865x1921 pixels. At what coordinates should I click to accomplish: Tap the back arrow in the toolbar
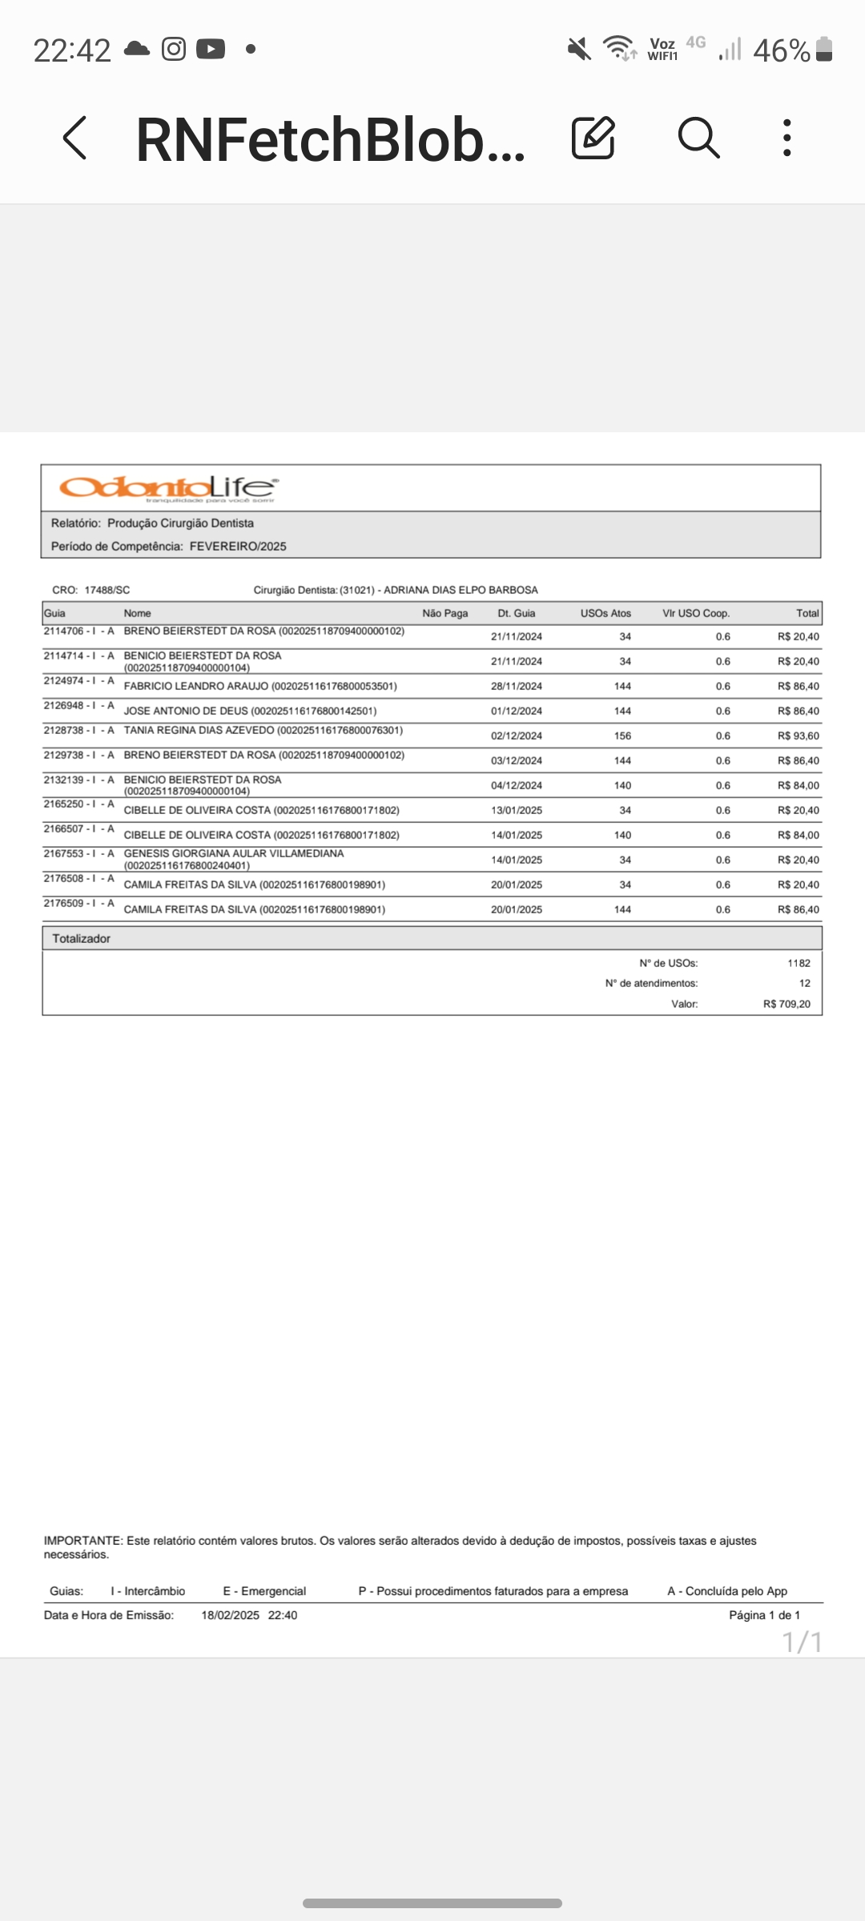click(x=74, y=138)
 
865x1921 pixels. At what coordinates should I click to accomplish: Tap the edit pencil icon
click(x=593, y=138)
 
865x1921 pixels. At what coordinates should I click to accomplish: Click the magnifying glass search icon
click(x=698, y=138)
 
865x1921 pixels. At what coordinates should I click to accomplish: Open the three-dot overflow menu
click(x=787, y=138)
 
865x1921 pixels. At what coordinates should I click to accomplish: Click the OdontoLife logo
click(x=168, y=487)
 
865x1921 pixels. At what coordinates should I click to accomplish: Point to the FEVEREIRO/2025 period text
click(x=238, y=547)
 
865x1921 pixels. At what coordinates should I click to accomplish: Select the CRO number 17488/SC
click(x=107, y=590)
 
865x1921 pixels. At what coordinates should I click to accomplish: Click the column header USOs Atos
click(x=605, y=613)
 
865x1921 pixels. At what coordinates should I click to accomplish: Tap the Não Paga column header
click(x=445, y=613)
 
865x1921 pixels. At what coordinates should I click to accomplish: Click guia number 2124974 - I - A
click(x=78, y=681)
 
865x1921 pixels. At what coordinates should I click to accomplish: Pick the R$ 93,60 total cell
click(x=798, y=736)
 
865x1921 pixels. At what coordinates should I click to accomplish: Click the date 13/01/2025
click(x=517, y=810)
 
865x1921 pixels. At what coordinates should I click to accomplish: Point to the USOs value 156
click(x=622, y=736)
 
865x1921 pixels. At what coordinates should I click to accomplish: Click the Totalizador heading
click(x=81, y=938)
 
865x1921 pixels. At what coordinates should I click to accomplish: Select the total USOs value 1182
click(x=799, y=963)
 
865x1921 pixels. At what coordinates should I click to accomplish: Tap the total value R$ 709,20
click(x=787, y=1004)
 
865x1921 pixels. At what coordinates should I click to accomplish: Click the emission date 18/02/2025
click(x=230, y=1615)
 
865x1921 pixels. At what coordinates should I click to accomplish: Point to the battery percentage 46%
click(x=782, y=50)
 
